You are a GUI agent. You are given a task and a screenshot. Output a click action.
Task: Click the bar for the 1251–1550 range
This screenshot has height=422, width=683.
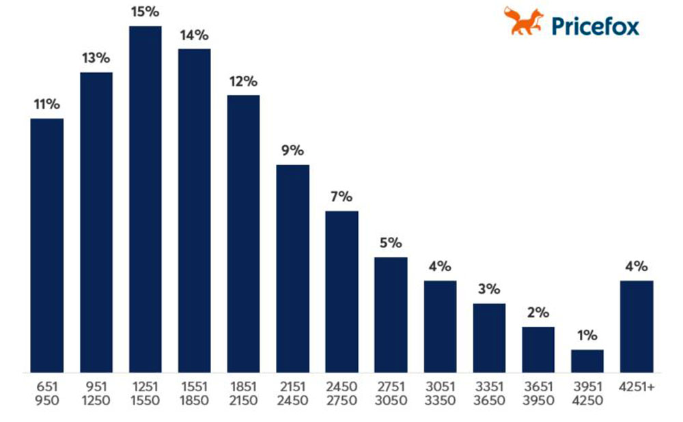(x=145, y=199)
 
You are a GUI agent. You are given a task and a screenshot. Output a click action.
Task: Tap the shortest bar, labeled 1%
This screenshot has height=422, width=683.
(x=587, y=361)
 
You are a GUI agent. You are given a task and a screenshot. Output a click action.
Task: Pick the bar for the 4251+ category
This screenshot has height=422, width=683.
(x=637, y=326)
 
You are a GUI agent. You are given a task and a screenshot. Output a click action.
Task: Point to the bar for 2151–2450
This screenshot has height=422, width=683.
(x=293, y=268)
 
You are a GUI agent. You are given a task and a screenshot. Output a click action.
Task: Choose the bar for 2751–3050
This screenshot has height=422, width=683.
(x=391, y=315)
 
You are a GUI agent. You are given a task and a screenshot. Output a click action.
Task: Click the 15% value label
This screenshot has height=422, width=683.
(x=145, y=12)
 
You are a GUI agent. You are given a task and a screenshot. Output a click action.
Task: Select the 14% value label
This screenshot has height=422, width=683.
(x=195, y=35)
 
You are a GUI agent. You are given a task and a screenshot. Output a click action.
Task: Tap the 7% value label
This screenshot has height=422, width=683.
(x=341, y=197)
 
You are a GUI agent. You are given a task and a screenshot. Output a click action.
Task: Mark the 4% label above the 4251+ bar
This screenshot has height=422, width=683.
(x=637, y=266)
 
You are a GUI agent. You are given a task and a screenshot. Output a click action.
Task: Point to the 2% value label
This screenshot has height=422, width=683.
(x=538, y=313)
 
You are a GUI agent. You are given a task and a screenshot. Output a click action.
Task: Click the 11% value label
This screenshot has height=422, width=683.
(x=47, y=104)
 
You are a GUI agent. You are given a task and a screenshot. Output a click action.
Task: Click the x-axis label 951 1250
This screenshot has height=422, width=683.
(x=96, y=393)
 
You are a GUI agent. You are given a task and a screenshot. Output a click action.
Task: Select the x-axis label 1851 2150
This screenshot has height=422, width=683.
(x=244, y=393)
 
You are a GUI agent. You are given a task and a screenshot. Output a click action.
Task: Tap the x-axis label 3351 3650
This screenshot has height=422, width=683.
(x=489, y=393)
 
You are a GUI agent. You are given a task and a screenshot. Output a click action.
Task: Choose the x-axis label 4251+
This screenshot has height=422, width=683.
(x=637, y=387)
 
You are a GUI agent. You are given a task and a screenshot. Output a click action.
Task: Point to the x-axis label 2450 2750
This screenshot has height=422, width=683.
(x=341, y=393)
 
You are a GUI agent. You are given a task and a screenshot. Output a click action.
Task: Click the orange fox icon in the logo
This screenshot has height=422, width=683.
(x=523, y=21)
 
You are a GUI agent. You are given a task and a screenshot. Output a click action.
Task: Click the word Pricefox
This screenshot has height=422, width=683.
(x=595, y=26)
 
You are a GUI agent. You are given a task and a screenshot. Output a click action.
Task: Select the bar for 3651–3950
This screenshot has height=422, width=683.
(x=538, y=350)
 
